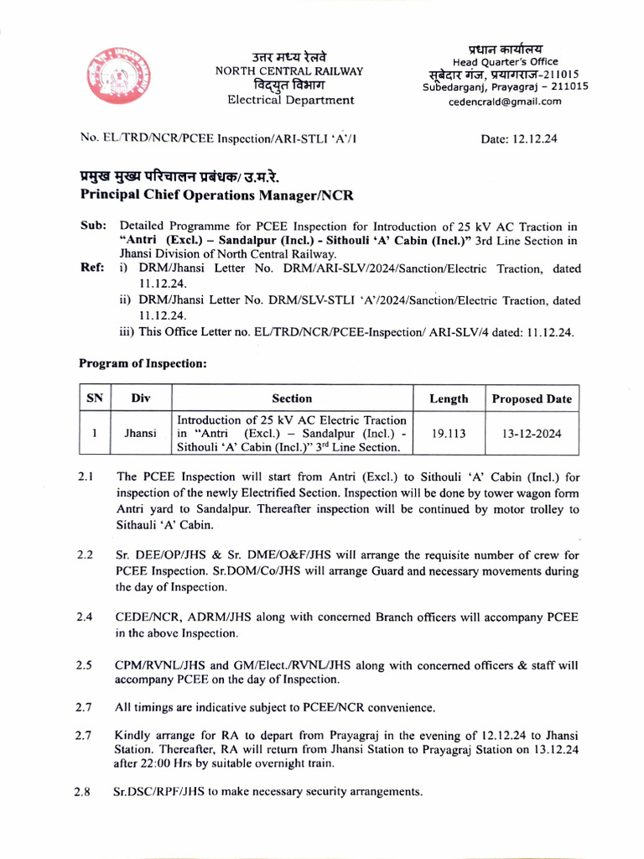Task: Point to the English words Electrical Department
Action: [279, 100]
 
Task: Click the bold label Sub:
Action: [92, 226]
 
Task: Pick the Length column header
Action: [449, 398]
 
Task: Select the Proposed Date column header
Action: [531, 398]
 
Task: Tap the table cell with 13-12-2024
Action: [532, 435]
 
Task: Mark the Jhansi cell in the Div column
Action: [140, 435]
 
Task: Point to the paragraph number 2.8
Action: [81, 792]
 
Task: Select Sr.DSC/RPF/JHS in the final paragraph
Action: [158, 792]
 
